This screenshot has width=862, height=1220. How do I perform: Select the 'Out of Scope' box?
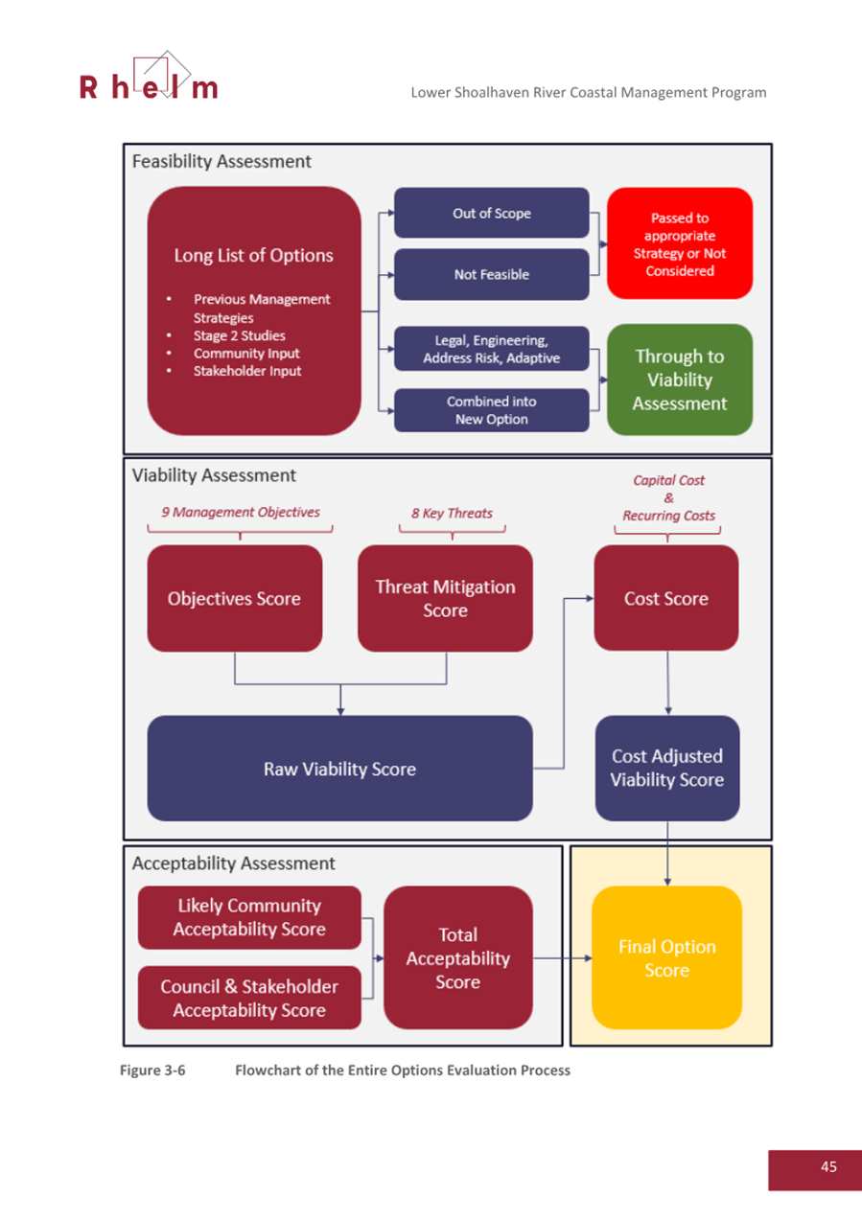(491, 213)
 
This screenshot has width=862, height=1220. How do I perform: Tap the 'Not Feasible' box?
(491, 274)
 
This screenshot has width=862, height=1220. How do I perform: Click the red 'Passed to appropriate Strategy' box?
(680, 244)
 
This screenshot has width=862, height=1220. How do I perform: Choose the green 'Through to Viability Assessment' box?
(680, 380)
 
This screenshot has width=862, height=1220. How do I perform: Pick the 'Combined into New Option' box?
(491, 410)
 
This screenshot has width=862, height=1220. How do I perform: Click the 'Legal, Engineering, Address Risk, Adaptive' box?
(491, 349)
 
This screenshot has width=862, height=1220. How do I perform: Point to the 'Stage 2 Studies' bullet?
(239, 335)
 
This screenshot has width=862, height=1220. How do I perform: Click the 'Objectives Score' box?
(234, 598)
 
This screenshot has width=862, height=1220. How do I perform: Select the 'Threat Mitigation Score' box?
(445, 598)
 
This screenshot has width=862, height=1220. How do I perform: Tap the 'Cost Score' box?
(666, 598)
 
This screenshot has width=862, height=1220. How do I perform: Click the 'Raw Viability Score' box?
(339, 769)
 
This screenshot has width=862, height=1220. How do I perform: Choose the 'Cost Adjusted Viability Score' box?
(666, 769)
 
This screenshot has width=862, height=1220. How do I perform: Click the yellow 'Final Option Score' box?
(666, 957)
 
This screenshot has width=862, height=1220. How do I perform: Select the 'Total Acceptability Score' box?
(457, 957)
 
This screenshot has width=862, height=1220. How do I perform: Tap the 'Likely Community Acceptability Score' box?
(249, 917)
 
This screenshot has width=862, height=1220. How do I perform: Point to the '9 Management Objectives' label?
(240, 513)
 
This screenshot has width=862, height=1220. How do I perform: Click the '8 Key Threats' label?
(452, 513)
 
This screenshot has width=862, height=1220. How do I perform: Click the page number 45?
(828, 1166)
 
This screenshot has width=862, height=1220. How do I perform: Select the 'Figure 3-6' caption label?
(151, 1070)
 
